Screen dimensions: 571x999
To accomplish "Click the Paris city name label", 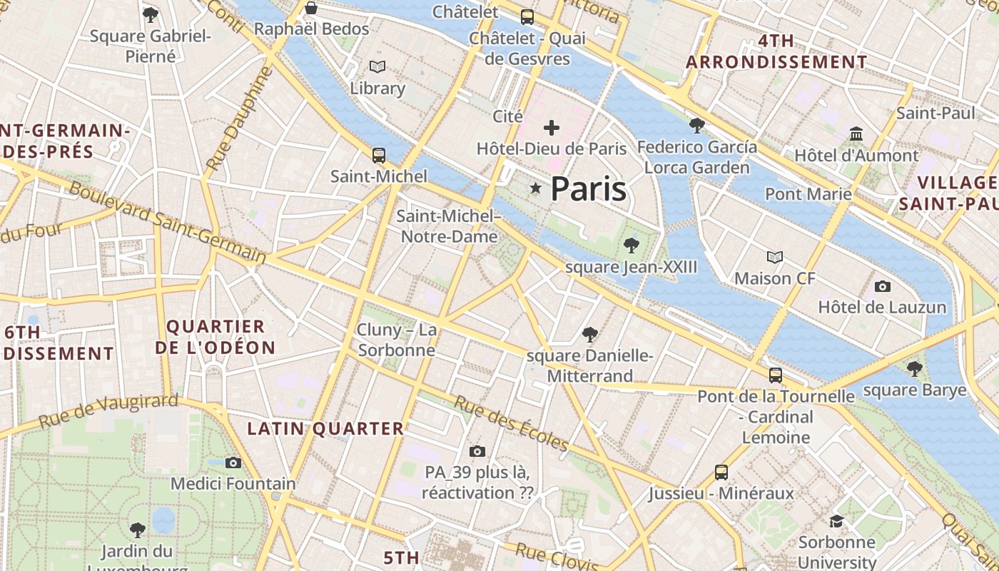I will tap(589, 189).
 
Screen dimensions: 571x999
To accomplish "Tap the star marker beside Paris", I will tap(535, 188).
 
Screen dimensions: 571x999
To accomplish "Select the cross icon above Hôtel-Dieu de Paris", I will tap(552, 128).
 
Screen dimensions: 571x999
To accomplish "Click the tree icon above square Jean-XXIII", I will tap(631, 246).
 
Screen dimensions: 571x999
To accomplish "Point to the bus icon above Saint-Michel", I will tap(379, 155).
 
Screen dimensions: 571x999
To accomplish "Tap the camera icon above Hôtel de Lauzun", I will tap(883, 286).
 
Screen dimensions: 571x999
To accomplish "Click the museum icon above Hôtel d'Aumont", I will tap(856, 133).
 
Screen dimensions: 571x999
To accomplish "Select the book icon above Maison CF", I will tap(774, 257).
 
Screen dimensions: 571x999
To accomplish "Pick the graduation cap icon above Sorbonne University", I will tap(836, 522).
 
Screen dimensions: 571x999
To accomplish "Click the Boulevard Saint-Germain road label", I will tap(168, 222).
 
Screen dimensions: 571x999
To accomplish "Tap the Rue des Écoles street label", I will tap(511, 424).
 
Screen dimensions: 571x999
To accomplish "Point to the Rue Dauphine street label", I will tap(239, 118).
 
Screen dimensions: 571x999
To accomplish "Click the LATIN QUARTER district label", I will tap(325, 429).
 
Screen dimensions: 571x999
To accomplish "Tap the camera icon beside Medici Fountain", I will tap(233, 463).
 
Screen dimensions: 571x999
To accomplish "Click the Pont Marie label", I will tap(808, 194).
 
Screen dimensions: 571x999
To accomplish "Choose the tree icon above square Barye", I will tap(914, 369).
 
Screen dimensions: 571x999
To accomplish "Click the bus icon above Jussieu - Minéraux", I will tap(721, 472).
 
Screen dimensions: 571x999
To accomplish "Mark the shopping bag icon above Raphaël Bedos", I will tap(311, 8).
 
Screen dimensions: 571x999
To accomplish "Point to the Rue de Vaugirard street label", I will tap(108, 411).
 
